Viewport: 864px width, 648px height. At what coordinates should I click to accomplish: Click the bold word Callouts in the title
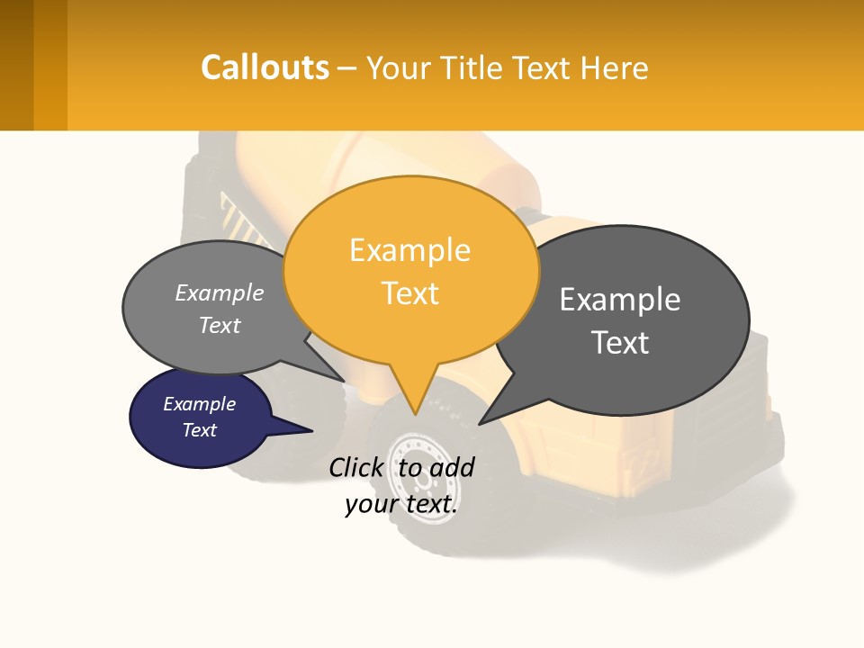click(265, 67)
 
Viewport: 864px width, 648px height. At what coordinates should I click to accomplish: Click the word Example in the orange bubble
click(409, 250)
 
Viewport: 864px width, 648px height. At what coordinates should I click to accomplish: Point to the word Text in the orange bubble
click(409, 293)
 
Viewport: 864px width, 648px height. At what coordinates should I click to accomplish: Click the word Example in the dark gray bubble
click(620, 300)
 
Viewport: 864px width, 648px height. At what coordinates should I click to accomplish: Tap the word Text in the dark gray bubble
click(620, 343)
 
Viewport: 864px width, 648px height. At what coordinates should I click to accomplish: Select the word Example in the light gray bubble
click(220, 293)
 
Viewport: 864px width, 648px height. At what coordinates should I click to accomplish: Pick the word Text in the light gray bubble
click(220, 326)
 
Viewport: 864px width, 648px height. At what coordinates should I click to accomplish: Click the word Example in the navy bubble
click(200, 405)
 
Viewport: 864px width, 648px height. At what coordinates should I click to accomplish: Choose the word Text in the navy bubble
click(200, 430)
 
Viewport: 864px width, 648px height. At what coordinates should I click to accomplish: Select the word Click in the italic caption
click(356, 468)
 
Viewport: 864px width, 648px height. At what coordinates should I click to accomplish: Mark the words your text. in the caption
click(401, 505)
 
